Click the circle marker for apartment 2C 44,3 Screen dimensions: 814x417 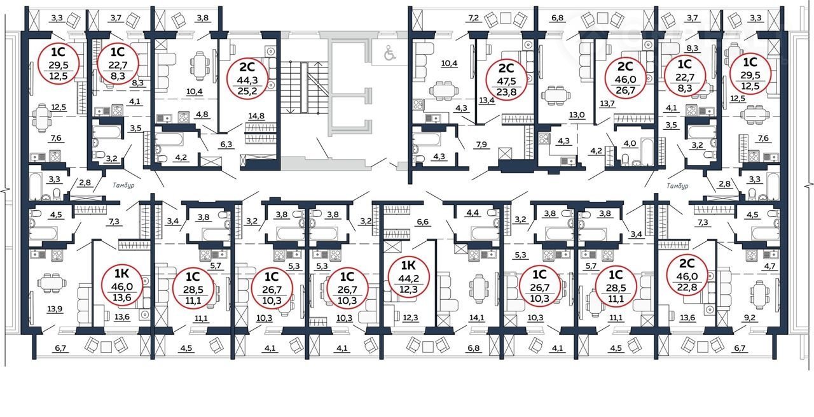click(247, 78)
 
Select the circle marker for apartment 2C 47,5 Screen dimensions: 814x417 click(506, 79)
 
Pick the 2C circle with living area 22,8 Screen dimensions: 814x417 click(687, 275)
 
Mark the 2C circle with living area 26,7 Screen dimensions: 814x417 click(625, 78)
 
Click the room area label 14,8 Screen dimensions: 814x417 click(256, 116)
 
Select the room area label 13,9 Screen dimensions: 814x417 click(55, 309)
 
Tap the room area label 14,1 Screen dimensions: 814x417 click(476, 318)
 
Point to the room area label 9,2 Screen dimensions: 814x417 click(749, 318)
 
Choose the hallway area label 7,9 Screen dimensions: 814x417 click(481, 145)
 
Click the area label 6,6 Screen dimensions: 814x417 click(423, 222)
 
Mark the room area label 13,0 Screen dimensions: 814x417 click(577, 115)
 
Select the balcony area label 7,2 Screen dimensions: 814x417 click(474, 17)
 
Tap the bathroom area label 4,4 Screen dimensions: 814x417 click(473, 213)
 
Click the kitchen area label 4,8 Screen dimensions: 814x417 click(202, 114)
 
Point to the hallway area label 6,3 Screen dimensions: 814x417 click(226, 144)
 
